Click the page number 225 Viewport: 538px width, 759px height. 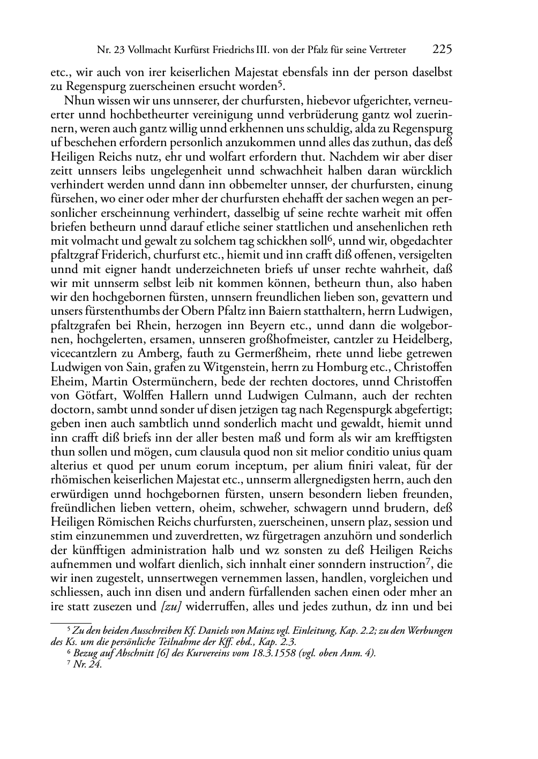[442, 50]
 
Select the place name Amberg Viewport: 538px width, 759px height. [160, 354]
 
